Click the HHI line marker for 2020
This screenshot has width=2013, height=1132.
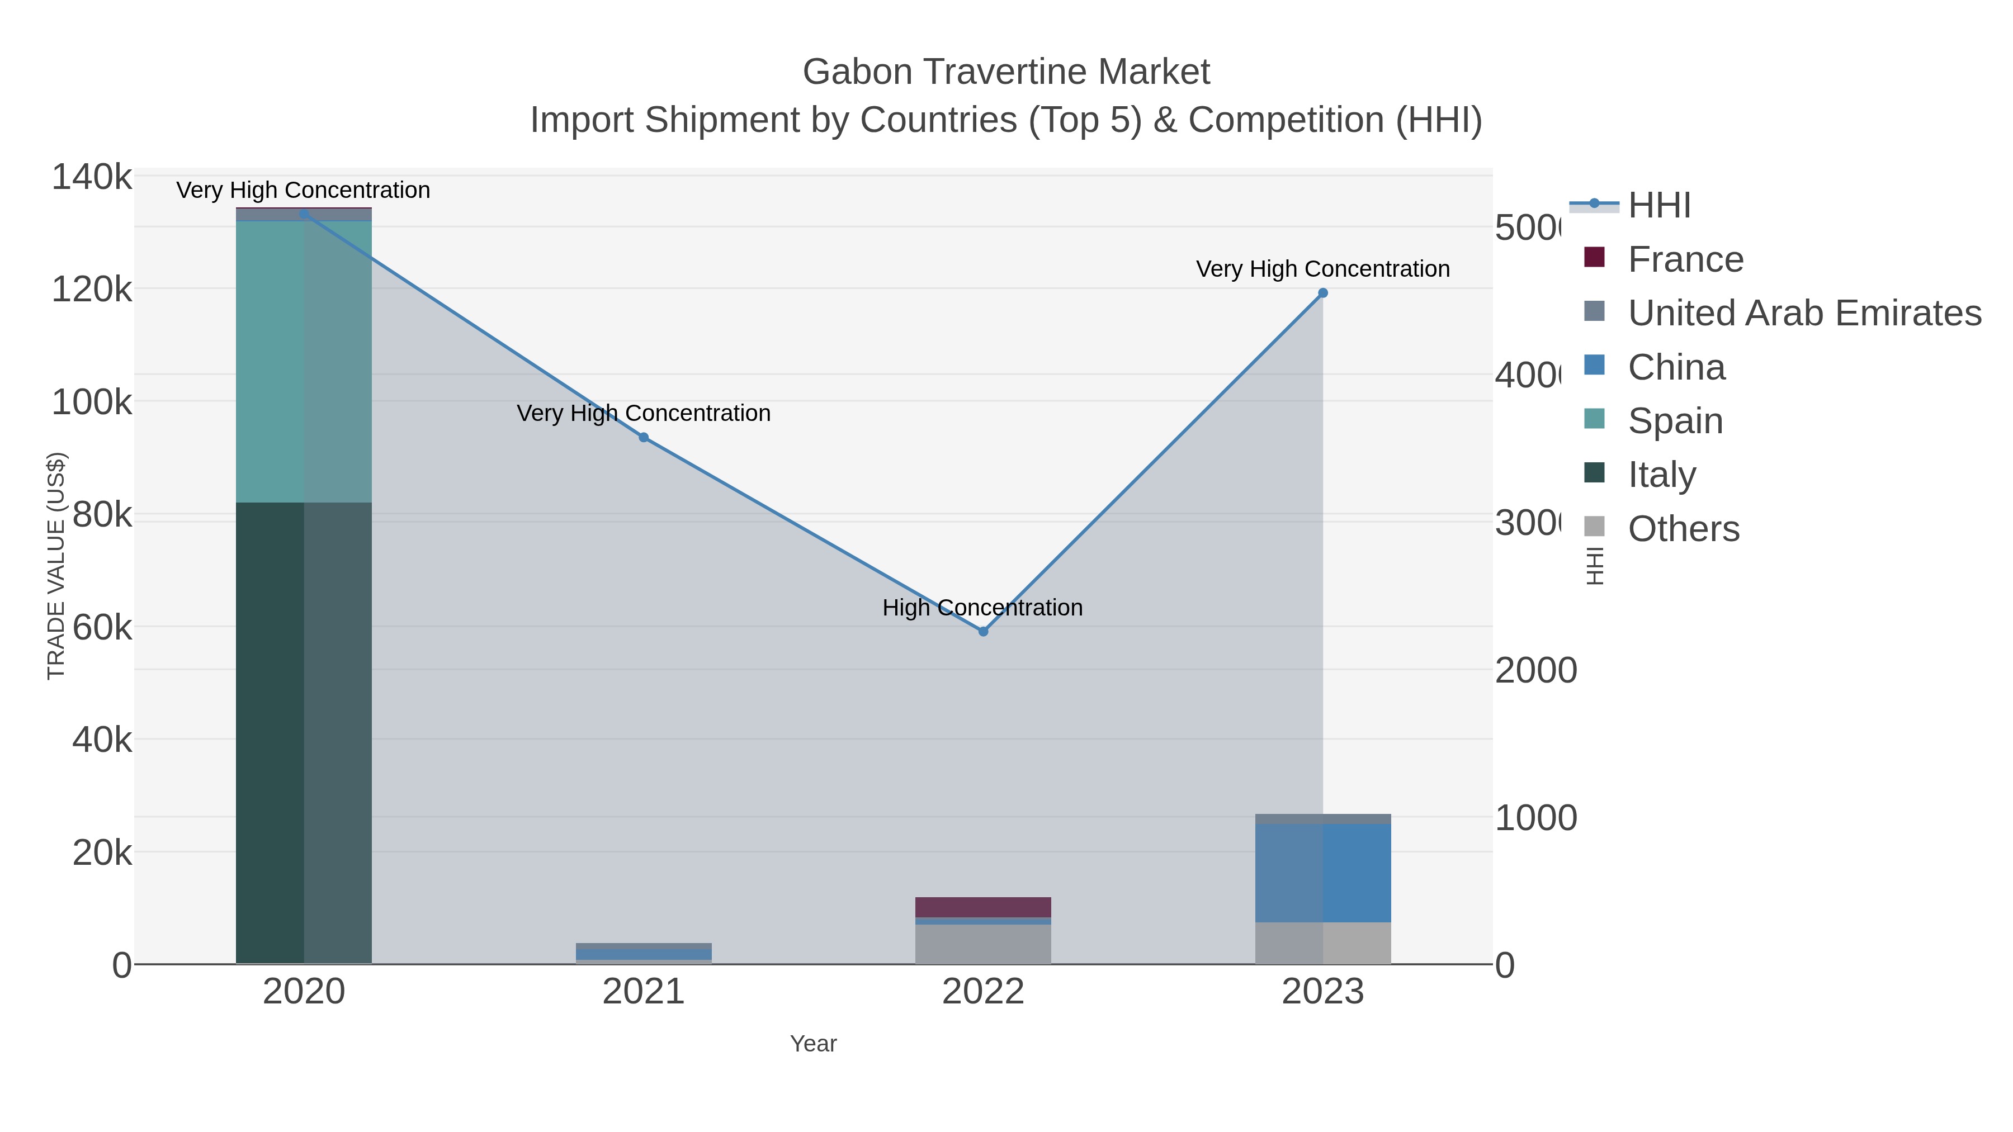[x=304, y=214]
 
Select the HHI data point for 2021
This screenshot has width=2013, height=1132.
[x=644, y=438]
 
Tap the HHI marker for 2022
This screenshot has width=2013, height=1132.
[x=983, y=631]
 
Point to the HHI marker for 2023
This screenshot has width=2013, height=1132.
[x=1323, y=293]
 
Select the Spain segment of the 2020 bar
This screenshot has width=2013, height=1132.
[x=304, y=362]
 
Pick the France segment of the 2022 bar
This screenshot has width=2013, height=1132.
[x=983, y=907]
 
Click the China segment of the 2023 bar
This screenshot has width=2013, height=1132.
[x=1323, y=873]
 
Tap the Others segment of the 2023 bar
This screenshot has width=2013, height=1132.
[x=1323, y=943]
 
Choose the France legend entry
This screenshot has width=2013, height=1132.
[x=1685, y=259]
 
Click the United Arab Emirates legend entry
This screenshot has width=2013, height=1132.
[x=1803, y=313]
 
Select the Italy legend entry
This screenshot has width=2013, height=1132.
[x=1661, y=475]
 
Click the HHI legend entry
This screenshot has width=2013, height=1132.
[x=1659, y=206]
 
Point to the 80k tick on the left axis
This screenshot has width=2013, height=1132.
[x=102, y=515]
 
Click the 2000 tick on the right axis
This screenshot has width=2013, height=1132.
[x=1535, y=670]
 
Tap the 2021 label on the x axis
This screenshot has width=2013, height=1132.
[x=644, y=992]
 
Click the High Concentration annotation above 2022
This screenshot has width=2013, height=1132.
[x=982, y=608]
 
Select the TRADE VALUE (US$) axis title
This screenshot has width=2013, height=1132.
[x=56, y=566]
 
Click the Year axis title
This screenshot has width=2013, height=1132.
[x=814, y=1044]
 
